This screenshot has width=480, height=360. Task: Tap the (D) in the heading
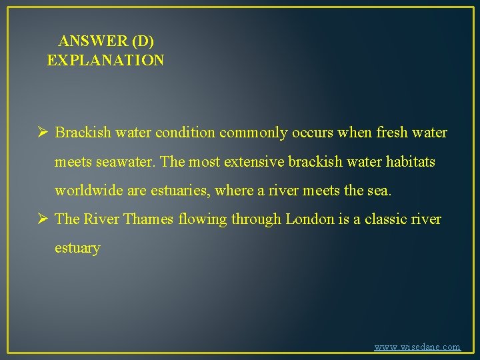point(143,41)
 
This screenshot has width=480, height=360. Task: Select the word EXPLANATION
point(105,61)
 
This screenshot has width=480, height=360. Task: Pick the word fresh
point(394,133)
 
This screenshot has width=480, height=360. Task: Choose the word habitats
point(407,162)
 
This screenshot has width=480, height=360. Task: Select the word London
point(311,219)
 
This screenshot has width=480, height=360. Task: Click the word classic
point(391,219)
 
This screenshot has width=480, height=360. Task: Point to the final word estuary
point(77,249)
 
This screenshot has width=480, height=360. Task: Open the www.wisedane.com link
point(417,347)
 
